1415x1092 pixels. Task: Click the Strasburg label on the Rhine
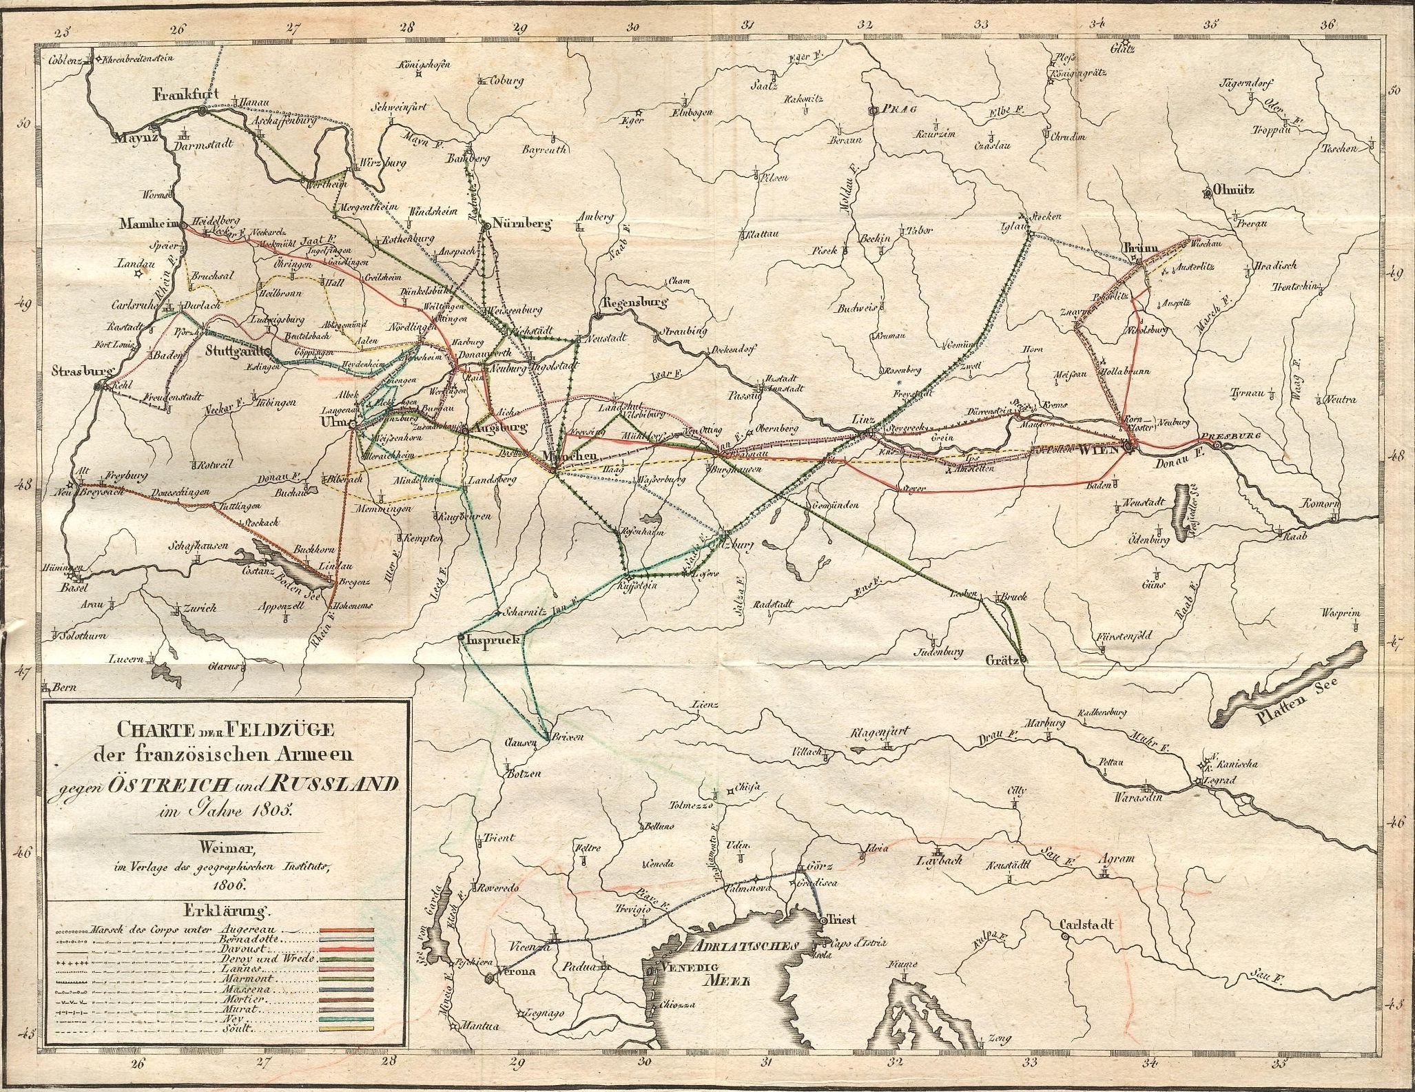coord(81,371)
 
